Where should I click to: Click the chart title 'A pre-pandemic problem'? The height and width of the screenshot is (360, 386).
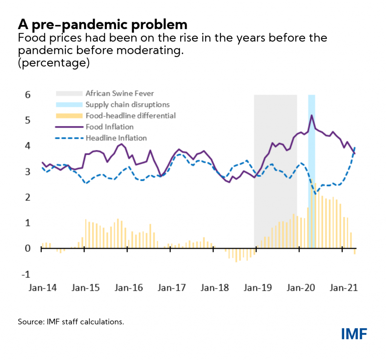coord(103,25)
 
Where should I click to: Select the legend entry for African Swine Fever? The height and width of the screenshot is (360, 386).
coord(119,93)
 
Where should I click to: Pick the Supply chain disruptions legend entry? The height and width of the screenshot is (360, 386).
coord(127,104)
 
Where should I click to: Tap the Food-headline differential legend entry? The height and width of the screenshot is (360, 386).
coord(130,116)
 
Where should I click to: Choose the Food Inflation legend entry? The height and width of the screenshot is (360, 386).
coord(109,127)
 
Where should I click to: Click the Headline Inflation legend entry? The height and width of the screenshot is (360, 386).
coord(116,138)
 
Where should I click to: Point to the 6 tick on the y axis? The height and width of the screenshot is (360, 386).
coord(27,95)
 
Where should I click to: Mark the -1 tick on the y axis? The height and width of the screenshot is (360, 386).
coord(26,274)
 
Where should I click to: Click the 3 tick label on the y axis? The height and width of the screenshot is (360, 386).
coord(27,172)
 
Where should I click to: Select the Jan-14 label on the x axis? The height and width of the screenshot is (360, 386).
coord(41,288)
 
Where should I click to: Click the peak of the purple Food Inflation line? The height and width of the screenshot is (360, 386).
coord(311,115)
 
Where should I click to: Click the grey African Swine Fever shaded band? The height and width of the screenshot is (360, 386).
coord(275,170)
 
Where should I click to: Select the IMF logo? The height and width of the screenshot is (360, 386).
coord(354,333)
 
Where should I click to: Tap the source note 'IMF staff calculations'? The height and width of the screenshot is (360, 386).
coord(70,322)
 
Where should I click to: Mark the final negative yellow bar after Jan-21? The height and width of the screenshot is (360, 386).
coord(355,251)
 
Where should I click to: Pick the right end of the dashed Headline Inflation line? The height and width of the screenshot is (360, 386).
coord(355,147)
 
